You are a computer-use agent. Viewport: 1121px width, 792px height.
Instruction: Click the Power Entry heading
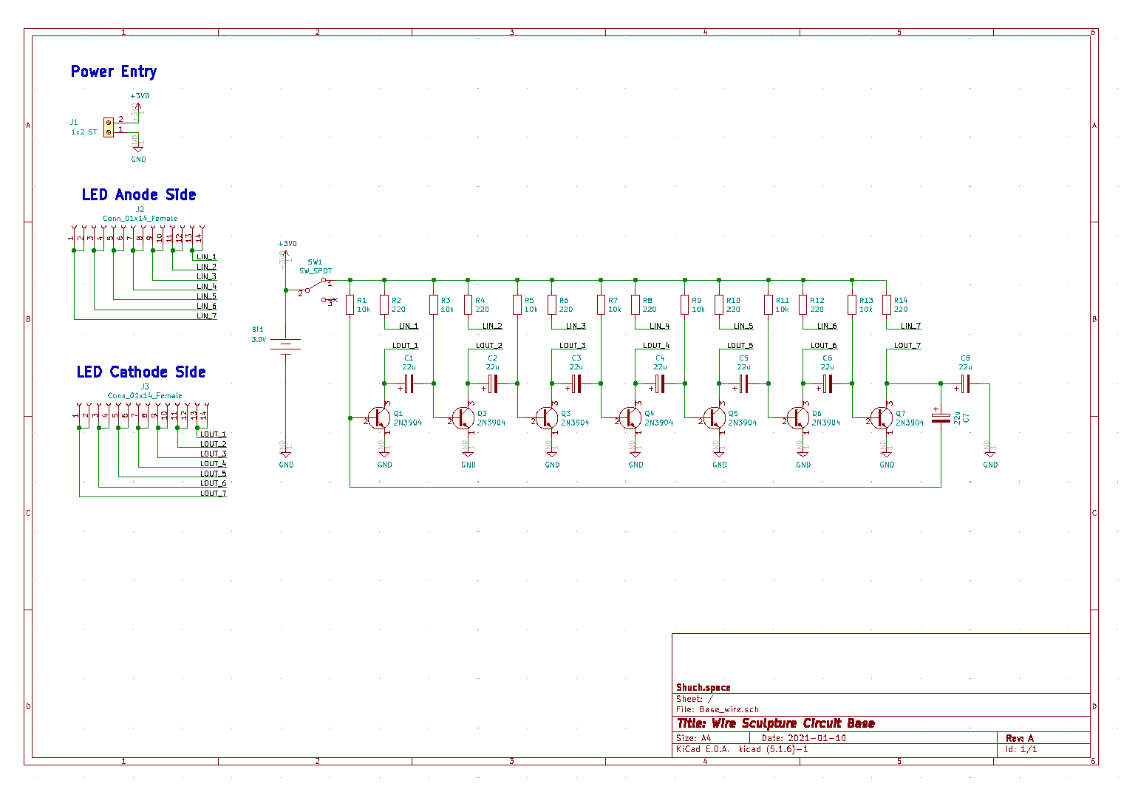point(114,72)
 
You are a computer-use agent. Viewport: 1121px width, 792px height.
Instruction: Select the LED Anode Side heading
point(139,195)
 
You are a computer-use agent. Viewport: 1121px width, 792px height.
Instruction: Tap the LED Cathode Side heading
point(141,372)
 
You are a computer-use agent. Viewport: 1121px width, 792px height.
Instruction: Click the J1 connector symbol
point(109,127)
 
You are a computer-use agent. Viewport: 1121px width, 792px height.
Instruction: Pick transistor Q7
point(882,418)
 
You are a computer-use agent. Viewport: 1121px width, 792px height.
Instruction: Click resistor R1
point(350,304)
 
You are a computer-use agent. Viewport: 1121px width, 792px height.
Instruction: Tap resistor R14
point(887,304)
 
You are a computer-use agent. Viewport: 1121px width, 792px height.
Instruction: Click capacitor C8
point(965,383)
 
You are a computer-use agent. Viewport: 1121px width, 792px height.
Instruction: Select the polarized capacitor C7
point(941,418)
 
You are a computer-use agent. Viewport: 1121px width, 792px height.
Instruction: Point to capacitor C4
point(659,383)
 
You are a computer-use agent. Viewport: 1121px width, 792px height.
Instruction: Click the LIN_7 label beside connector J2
point(207,316)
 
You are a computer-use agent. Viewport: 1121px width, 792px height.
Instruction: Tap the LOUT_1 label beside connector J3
point(213,434)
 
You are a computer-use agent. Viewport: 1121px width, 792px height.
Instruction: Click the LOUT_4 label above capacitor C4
point(656,346)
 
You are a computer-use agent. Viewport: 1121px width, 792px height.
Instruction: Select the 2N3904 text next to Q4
point(658,423)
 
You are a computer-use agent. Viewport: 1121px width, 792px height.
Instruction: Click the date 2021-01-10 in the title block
point(817,738)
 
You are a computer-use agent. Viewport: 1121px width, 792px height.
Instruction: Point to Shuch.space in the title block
point(703,688)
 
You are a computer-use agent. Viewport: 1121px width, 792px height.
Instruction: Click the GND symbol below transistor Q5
point(720,460)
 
